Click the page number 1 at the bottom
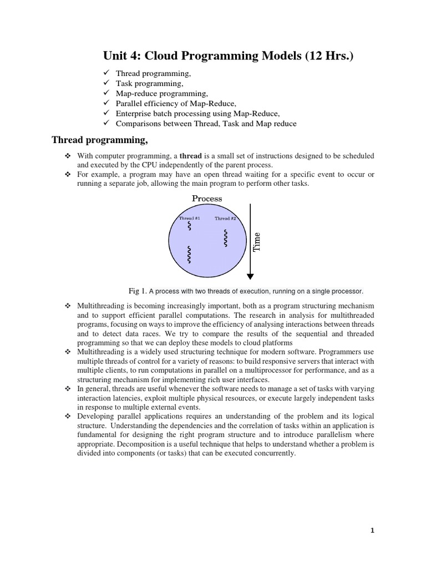(x=373, y=530)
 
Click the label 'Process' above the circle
(x=207, y=198)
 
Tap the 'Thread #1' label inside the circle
(x=190, y=219)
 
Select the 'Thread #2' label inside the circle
(x=225, y=219)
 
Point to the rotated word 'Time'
(x=257, y=242)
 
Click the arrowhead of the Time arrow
(x=250, y=275)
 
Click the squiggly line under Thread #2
(x=225, y=239)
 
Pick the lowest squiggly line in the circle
(x=190, y=255)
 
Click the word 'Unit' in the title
(x=115, y=55)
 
